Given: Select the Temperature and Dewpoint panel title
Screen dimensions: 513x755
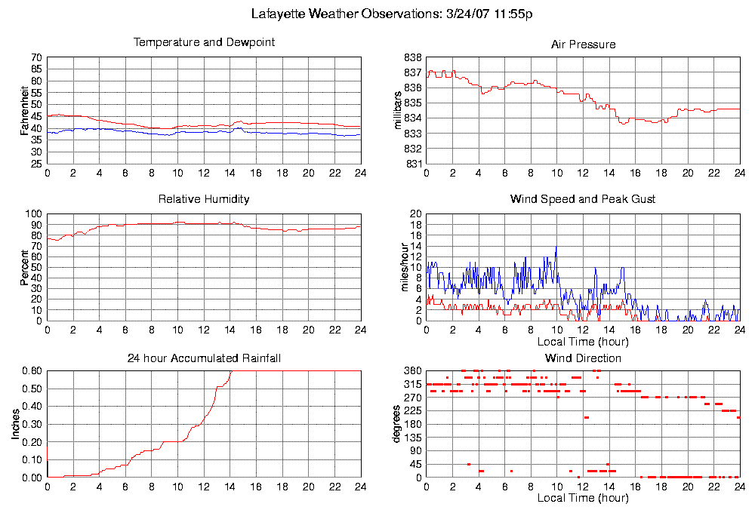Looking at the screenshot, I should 204,42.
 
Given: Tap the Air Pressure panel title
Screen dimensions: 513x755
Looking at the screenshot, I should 583,45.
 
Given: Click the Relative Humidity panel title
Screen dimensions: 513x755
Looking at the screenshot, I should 204,199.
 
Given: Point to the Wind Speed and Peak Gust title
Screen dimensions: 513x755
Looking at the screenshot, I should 583,199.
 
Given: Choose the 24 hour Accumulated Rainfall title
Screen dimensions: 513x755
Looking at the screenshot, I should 204,358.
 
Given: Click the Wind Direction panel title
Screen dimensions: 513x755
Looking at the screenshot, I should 583,358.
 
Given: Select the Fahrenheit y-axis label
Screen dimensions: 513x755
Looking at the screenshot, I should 25,111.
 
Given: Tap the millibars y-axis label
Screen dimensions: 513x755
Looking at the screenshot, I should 399,110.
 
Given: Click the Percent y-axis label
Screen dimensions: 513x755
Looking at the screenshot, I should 25,268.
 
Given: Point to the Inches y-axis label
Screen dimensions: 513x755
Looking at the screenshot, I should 16,425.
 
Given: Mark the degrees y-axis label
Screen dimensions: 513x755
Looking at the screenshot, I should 399,425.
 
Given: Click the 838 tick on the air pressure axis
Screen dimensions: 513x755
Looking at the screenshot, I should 413,57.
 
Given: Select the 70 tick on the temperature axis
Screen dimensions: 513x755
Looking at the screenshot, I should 36,57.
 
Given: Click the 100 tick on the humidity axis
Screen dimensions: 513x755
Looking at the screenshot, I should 34,214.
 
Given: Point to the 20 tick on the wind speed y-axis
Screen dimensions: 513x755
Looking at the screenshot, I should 414,214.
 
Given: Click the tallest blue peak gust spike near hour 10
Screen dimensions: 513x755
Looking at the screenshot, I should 556,247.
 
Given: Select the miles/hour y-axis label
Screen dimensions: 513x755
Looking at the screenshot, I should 404,268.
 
